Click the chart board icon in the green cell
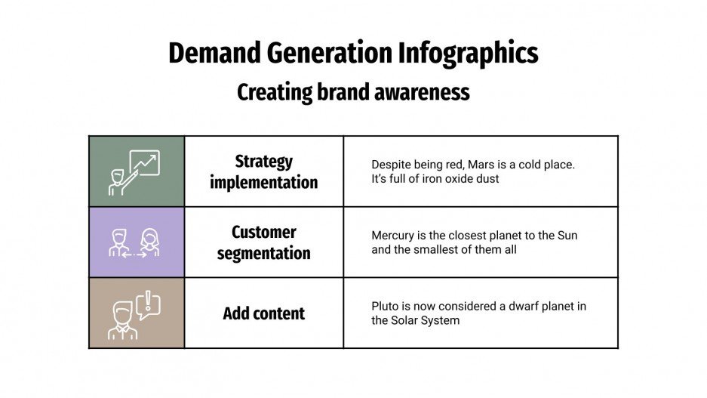click(x=145, y=163)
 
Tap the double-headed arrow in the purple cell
click(x=136, y=255)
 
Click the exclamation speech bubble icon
click(x=149, y=304)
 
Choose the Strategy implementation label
click(x=263, y=171)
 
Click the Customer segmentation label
click(x=263, y=242)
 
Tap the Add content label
click(x=263, y=313)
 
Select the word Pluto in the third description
click(x=385, y=307)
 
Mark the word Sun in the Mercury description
click(x=567, y=236)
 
